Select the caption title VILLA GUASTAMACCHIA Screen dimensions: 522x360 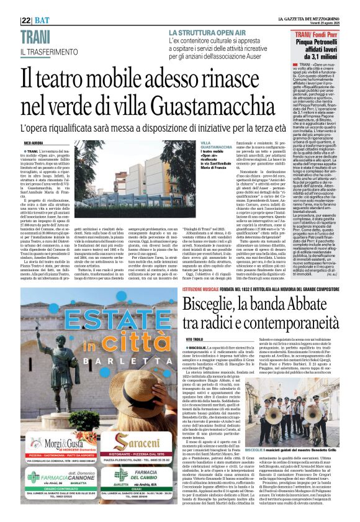(x=214, y=145)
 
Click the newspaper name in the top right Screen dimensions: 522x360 (x=317, y=7)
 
